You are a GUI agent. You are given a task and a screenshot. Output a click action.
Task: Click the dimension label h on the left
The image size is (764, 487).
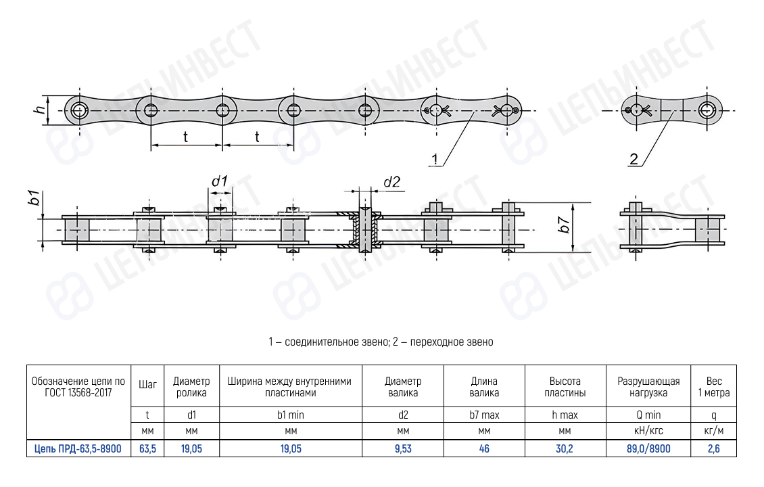(x=40, y=109)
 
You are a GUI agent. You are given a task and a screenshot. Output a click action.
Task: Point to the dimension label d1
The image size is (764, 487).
(x=219, y=181)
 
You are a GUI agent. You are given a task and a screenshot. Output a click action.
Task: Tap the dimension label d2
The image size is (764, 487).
(x=392, y=181)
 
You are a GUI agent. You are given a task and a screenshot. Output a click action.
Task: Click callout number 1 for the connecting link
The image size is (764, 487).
(x=436, y=160)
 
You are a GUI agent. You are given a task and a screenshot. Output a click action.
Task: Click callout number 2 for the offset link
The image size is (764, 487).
(x=634, y=160)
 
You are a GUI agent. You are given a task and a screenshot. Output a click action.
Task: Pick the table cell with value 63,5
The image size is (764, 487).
(x=147, y=448)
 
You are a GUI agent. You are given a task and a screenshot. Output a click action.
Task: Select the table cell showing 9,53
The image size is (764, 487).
(x=403, y=448)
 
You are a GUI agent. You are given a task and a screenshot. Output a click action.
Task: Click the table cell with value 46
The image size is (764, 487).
(x=484, y=448)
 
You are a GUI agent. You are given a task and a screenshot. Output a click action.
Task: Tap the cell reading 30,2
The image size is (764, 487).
(x=565, y=448)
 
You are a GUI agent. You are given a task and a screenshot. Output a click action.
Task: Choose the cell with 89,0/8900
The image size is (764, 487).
(x=648, y=448)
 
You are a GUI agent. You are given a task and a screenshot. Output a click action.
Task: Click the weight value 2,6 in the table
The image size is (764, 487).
(x=714, y=448)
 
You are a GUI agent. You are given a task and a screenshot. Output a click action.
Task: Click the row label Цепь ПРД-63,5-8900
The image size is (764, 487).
(x=78, y=448)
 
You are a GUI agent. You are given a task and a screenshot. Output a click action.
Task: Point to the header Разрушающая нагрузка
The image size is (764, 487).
(x=648, y=387)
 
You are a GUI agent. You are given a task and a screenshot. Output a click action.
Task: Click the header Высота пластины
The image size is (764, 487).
(x=565, y=387)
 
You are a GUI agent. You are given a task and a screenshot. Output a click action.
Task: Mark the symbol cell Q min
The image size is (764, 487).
(x=648, y=415)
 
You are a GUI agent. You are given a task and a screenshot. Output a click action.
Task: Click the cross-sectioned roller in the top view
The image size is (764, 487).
(x=365, y=230)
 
